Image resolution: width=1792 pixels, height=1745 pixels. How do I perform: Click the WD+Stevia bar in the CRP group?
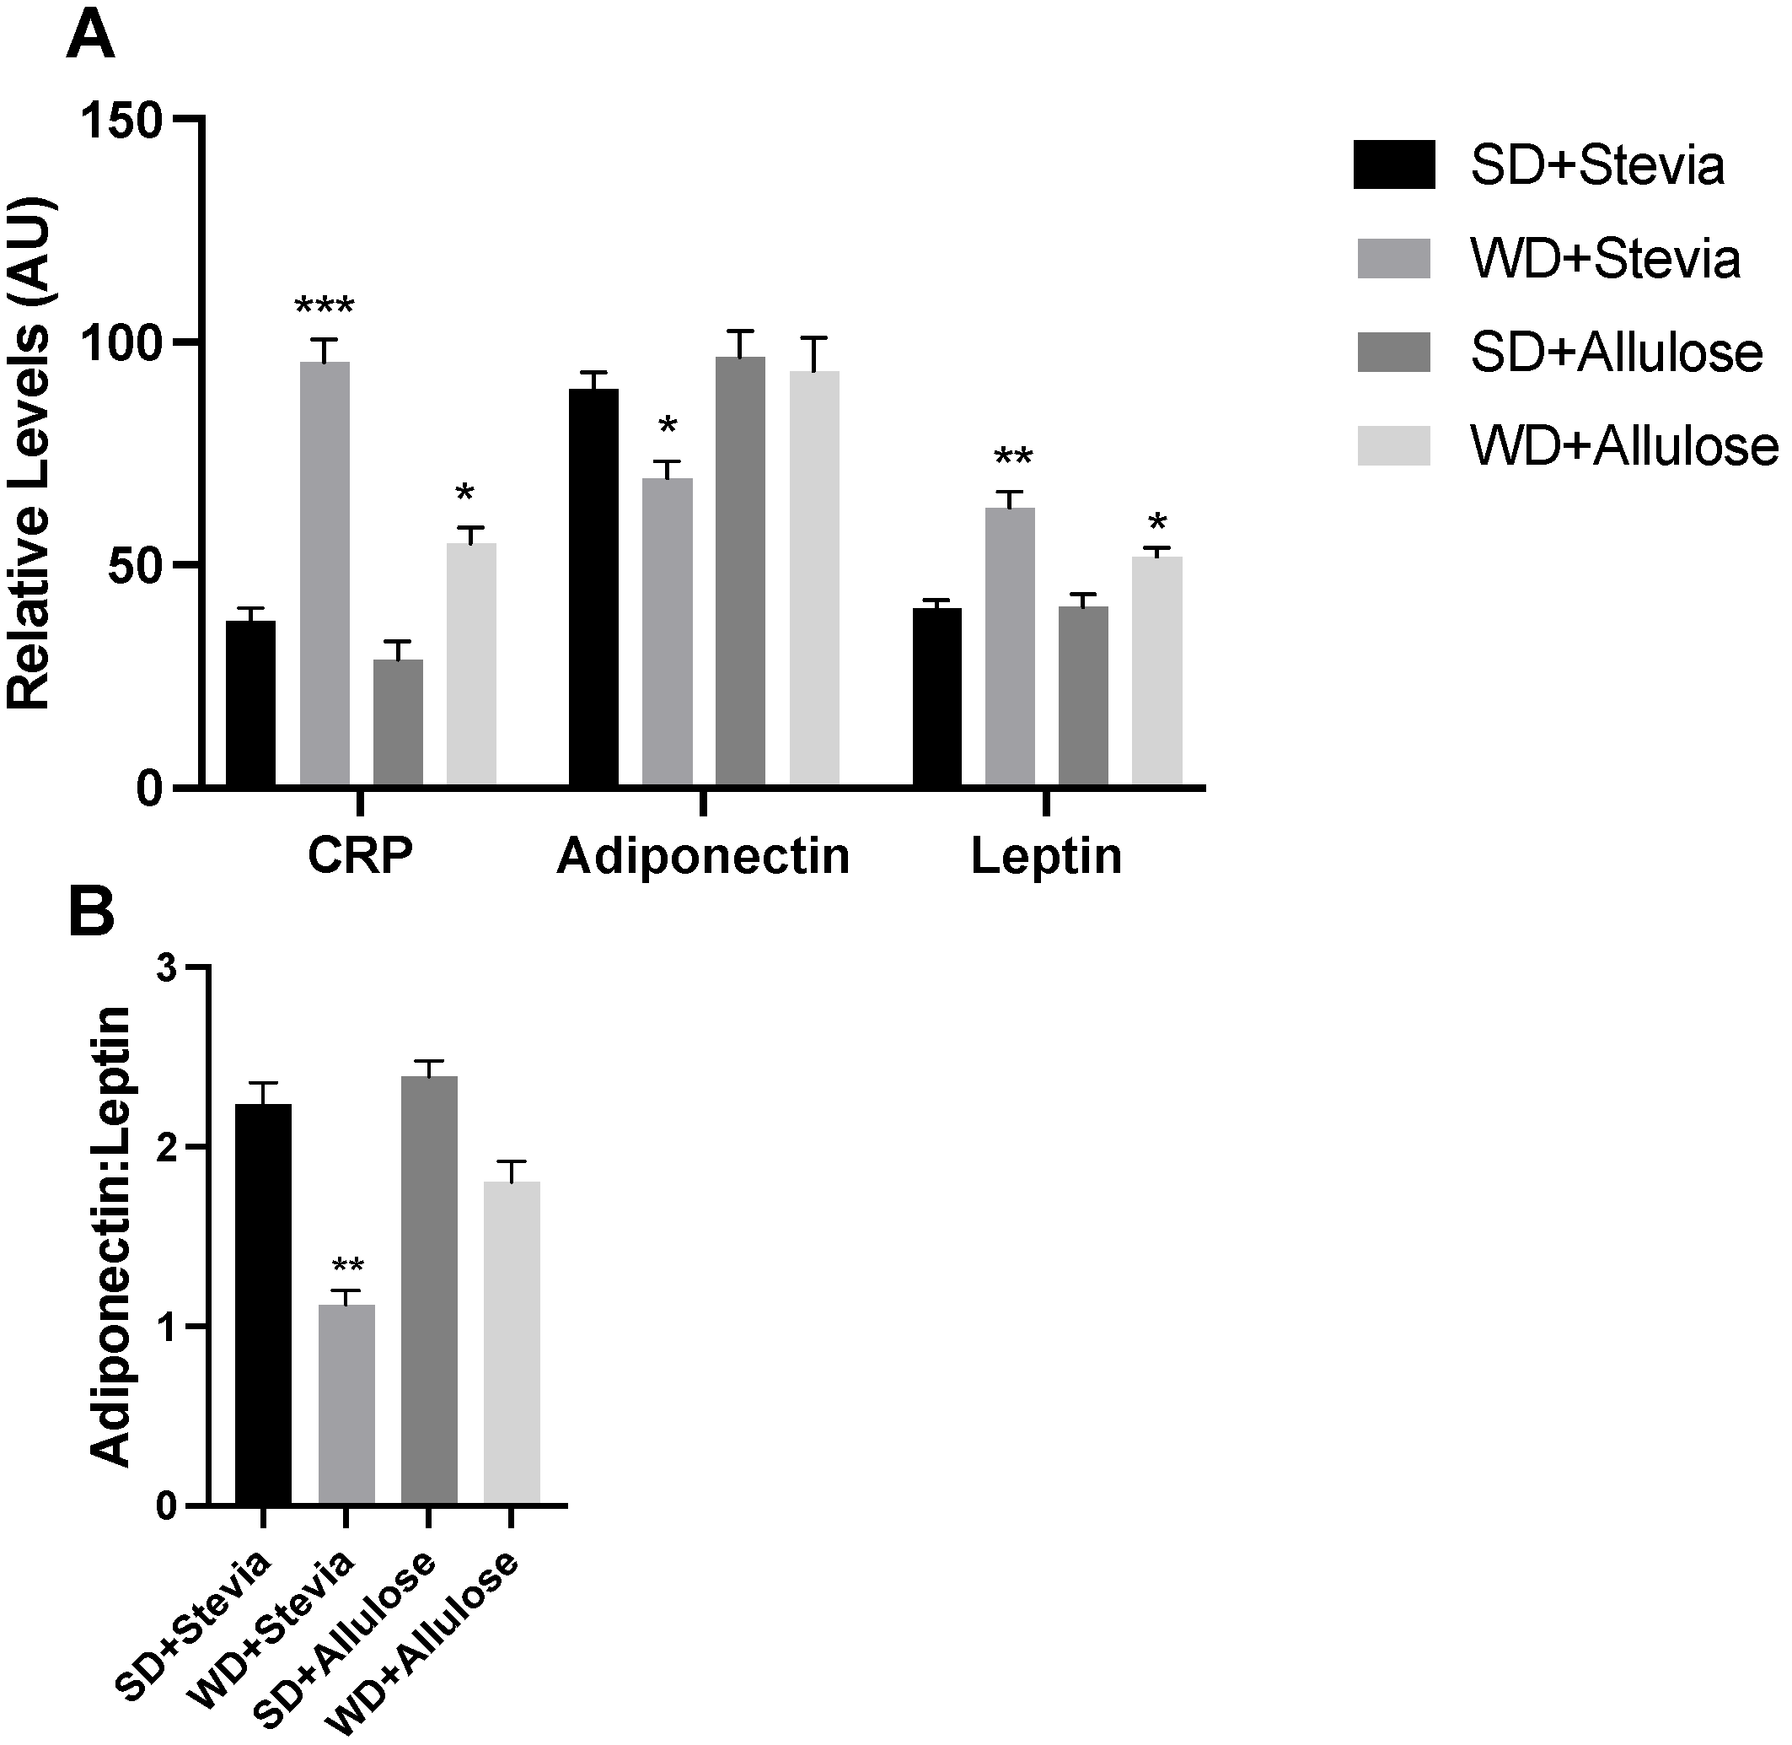click(325, 574)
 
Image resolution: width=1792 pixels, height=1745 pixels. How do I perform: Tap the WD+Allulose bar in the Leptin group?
click(1156, 671)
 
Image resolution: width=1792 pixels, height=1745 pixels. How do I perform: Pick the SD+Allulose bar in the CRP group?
click(398, 722)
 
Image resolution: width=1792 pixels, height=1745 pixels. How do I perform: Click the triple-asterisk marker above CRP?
click(324, 306)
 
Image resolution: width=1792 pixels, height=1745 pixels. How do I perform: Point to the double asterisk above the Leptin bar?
click(1012, 457)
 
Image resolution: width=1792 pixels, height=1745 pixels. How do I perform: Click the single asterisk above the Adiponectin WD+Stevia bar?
click(667, 426)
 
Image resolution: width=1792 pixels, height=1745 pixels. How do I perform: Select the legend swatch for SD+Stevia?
click(1393, 165)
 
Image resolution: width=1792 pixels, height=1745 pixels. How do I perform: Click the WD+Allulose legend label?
click(1623, 446)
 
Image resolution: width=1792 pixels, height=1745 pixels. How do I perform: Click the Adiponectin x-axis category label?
click(703, 856)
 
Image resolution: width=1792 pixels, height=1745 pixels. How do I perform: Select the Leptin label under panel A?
click(1045, 856)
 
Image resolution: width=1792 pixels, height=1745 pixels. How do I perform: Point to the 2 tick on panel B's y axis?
click(168, 1147)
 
